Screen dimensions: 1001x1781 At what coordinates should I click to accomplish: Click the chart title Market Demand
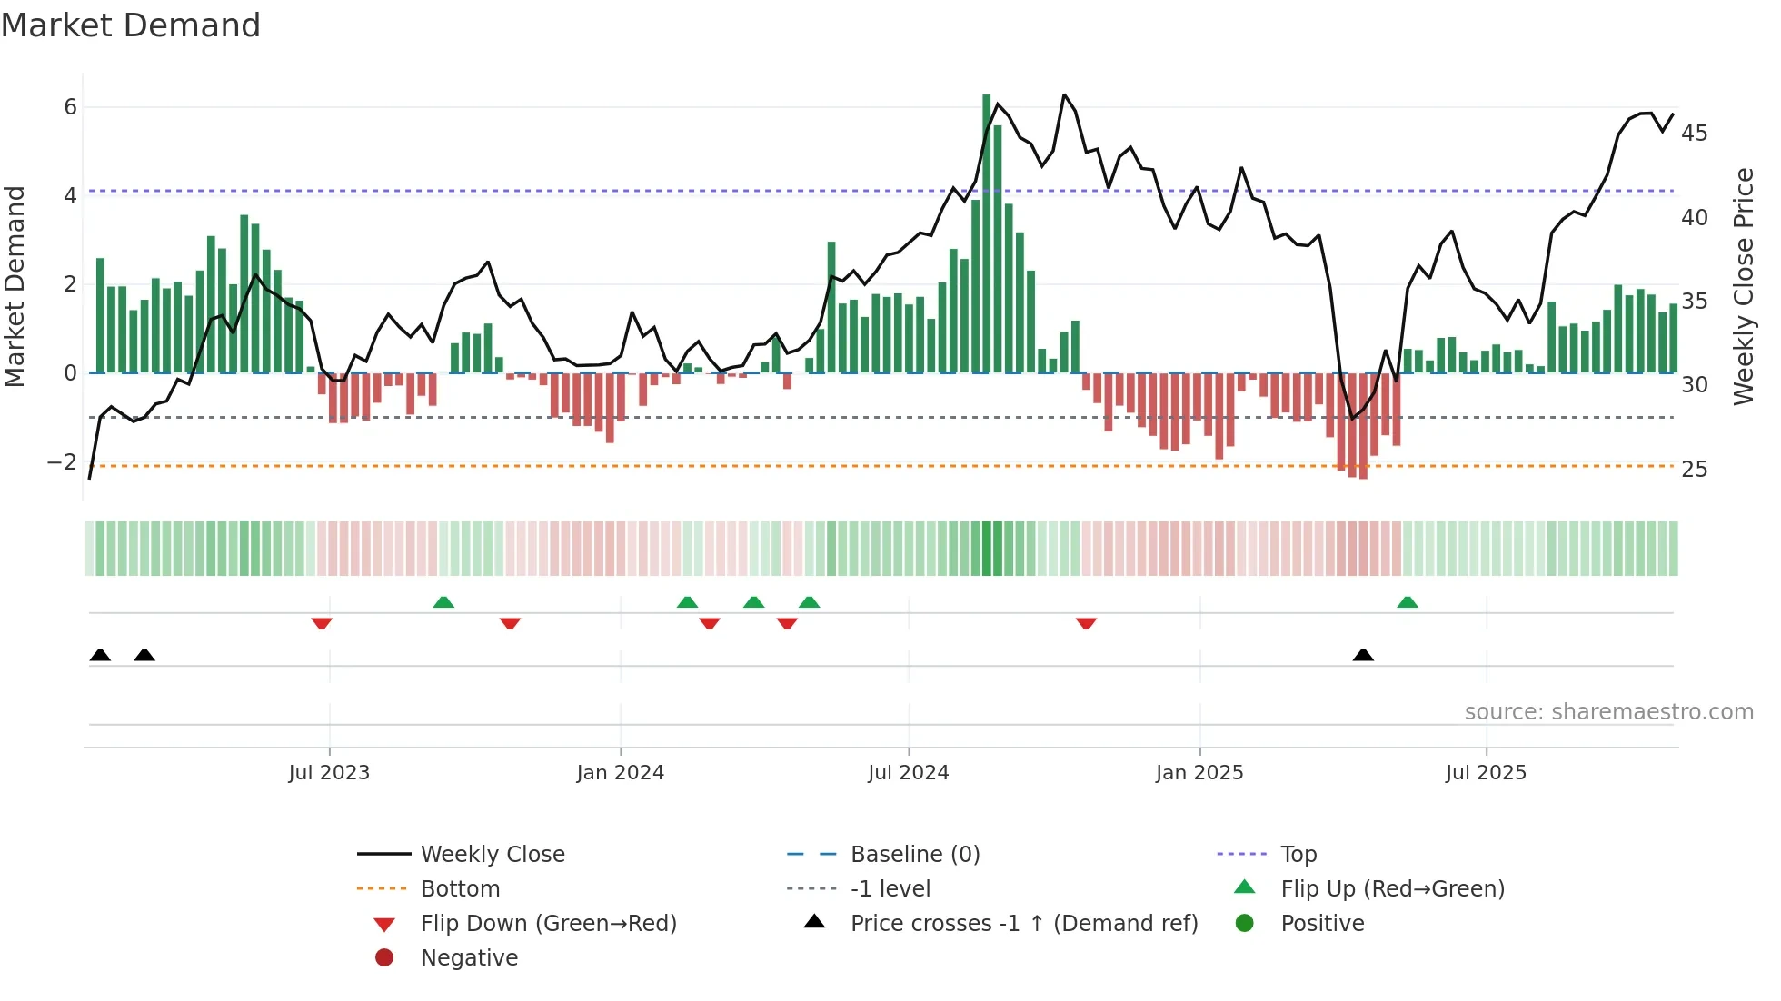pyautogui.click(x=131, y=25)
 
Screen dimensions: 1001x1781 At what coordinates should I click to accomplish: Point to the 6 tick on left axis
pyautogui.click(x=70, y=107)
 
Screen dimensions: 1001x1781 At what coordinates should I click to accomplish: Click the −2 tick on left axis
pyautogui.click(x=62, y=462)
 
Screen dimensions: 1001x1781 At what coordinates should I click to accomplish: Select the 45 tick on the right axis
pyautogui.click(x=1695, y=134)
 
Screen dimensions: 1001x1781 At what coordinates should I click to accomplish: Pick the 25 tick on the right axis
pyautogui.click(x=1695, y=470)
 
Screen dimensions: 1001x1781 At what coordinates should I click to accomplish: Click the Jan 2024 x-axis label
pyautogui.click(x=620, y=773)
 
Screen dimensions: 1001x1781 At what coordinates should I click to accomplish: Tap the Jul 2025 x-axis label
pyautogui.click(x=1486, y=773)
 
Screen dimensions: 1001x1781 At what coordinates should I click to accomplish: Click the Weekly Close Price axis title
pyautogui.click(x=1743, y=286)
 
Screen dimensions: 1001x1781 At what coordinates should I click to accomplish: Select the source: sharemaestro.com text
pyautogui.click(x=1608, y=712)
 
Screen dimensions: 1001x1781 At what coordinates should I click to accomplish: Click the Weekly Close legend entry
pyautogui.click(x=492, y=855)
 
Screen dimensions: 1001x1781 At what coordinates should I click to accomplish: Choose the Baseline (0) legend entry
pyautogui.click(x=914, y=855)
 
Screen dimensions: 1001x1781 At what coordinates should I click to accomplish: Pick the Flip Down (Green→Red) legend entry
pyautogui.click(x=548, y=924)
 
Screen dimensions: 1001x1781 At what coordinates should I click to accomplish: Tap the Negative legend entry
pyautogui.click(x=469, y=958)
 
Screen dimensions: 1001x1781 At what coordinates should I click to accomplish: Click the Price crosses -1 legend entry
pyautogui.click(x=1023, y=924)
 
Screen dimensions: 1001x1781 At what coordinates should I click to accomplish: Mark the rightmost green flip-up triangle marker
pyautogui.click(x=1407, y=602)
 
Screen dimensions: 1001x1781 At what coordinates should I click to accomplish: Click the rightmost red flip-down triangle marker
pyautogui.click(x=1086, y=623)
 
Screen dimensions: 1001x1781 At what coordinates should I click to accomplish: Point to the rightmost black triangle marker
pyautogui.click(x=1363, y=655)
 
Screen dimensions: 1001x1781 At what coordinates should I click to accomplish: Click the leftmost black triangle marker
pyautogui.click(x=100, y=655)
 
